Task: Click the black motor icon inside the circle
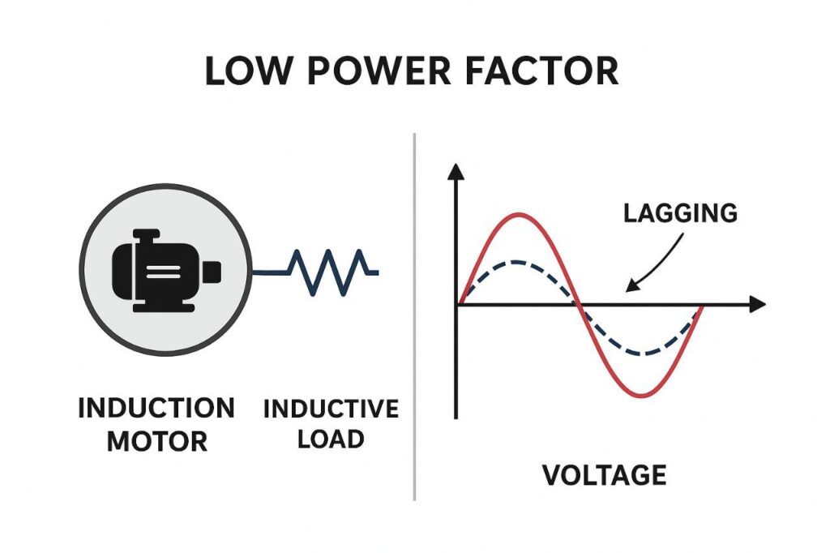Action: [165, 272]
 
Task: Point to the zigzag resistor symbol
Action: [332, 272]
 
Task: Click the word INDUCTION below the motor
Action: [156, 408]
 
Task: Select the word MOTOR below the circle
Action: [157, 442]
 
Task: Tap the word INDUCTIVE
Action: [331, 408]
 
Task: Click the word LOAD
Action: [331, 439]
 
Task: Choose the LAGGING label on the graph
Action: [680, 213]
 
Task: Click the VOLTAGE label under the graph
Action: [604, 474]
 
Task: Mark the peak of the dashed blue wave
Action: [518, 262]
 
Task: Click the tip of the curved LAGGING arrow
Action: [628, 289]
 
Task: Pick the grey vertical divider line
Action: [414, 316]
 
